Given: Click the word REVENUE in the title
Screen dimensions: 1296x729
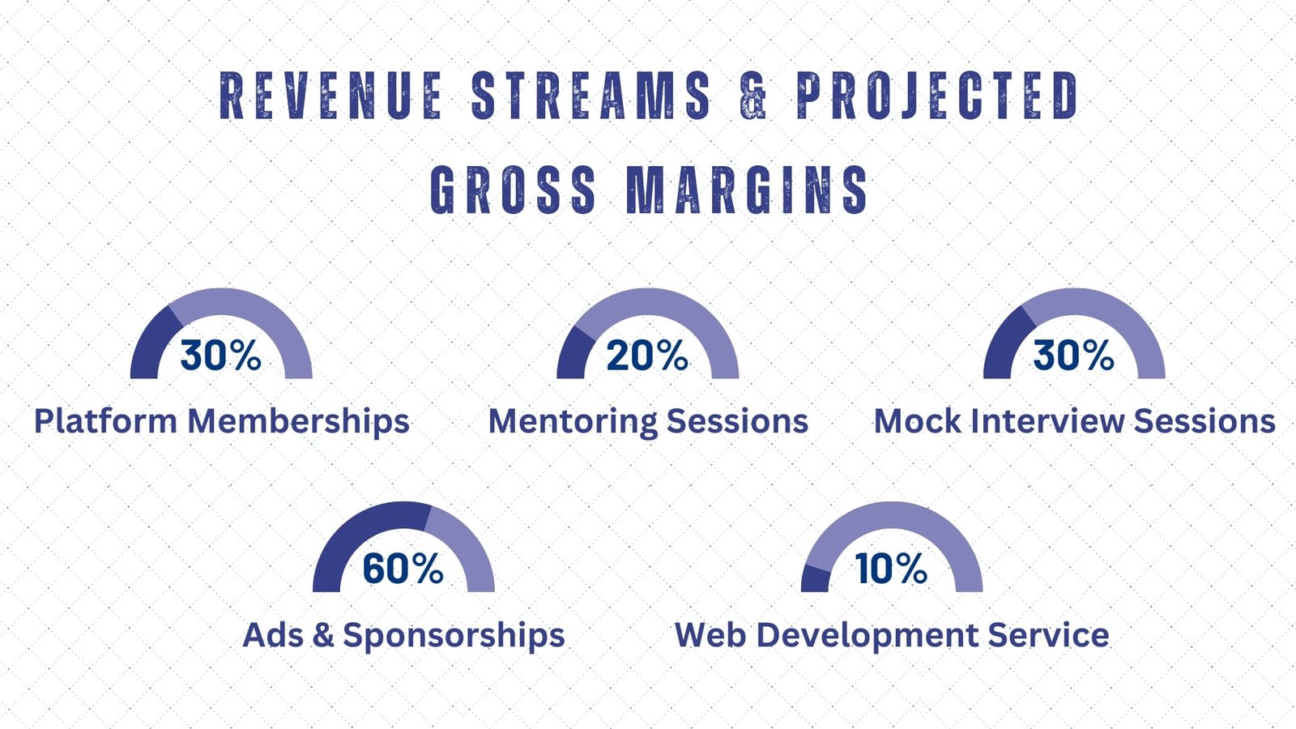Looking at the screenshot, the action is [331, 96].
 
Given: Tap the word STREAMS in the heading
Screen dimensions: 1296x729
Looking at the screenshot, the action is [591, 96].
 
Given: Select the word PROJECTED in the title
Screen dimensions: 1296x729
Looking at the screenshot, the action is [938, 96].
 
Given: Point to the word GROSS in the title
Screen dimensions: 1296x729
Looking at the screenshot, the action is [514, 189].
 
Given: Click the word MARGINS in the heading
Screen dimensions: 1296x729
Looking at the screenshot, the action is [748, 189].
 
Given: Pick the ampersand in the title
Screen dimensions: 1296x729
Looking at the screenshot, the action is [753, 96].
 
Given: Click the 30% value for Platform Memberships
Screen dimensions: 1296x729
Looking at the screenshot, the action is [220, 355].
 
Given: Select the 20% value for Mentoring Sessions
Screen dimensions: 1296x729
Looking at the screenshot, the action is [647, 355].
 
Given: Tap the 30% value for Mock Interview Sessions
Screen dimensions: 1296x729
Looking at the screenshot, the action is [1074, 355].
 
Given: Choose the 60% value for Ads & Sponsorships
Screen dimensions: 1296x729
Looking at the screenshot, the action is [403, 568].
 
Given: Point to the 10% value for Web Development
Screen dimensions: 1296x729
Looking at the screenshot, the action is [891, 568].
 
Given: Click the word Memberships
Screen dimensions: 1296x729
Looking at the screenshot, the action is [299, 421].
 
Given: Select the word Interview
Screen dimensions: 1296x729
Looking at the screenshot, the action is [1047, 421].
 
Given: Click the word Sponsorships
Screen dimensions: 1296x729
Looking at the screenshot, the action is [454, 636].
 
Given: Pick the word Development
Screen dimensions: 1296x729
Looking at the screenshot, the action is [867, 636].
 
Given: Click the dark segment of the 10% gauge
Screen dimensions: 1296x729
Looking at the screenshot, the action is [816, 580].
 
